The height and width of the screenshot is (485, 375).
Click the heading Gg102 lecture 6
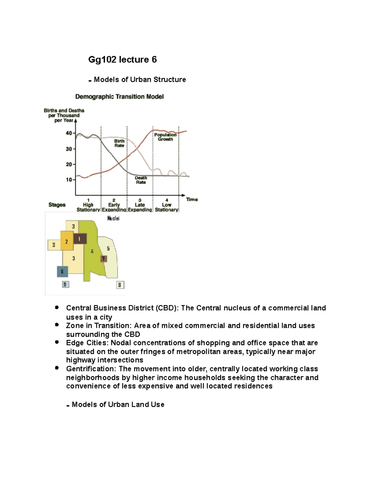click(x=122, y=60)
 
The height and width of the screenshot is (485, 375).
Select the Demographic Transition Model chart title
click(x=119, y=97)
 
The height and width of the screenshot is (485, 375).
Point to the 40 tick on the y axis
click(x=69, y=133)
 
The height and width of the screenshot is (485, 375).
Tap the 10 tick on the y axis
click(x=69, y=180)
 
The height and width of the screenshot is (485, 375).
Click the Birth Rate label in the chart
click(x=119, y=143)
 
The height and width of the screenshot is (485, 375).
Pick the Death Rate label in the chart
click(x=141, y=180)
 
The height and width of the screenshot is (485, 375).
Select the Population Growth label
click(x=165, y=137)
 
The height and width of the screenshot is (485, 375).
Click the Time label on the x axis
click(x=192, y=200)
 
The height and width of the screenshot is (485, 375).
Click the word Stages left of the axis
click(x=57, y=205)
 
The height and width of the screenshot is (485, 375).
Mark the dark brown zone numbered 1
click(x=80, y=239)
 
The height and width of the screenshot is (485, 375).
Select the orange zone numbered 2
click(x=67, y=241)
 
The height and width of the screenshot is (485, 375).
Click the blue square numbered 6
click(x=62, y=271)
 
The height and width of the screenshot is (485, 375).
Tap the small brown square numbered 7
click(x=104, y=259)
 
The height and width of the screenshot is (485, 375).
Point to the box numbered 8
click(x=120, y=285)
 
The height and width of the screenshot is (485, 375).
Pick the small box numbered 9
click(x=65, y=285)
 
